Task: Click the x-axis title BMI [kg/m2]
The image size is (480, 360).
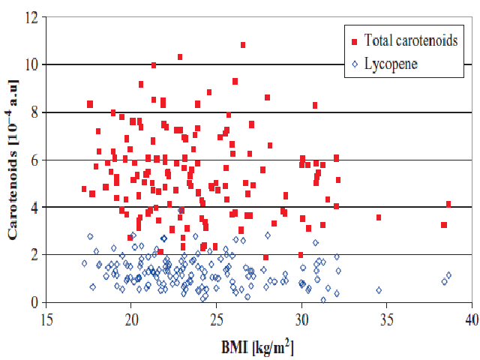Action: point(259,346)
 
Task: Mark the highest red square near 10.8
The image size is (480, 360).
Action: point(243,45)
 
